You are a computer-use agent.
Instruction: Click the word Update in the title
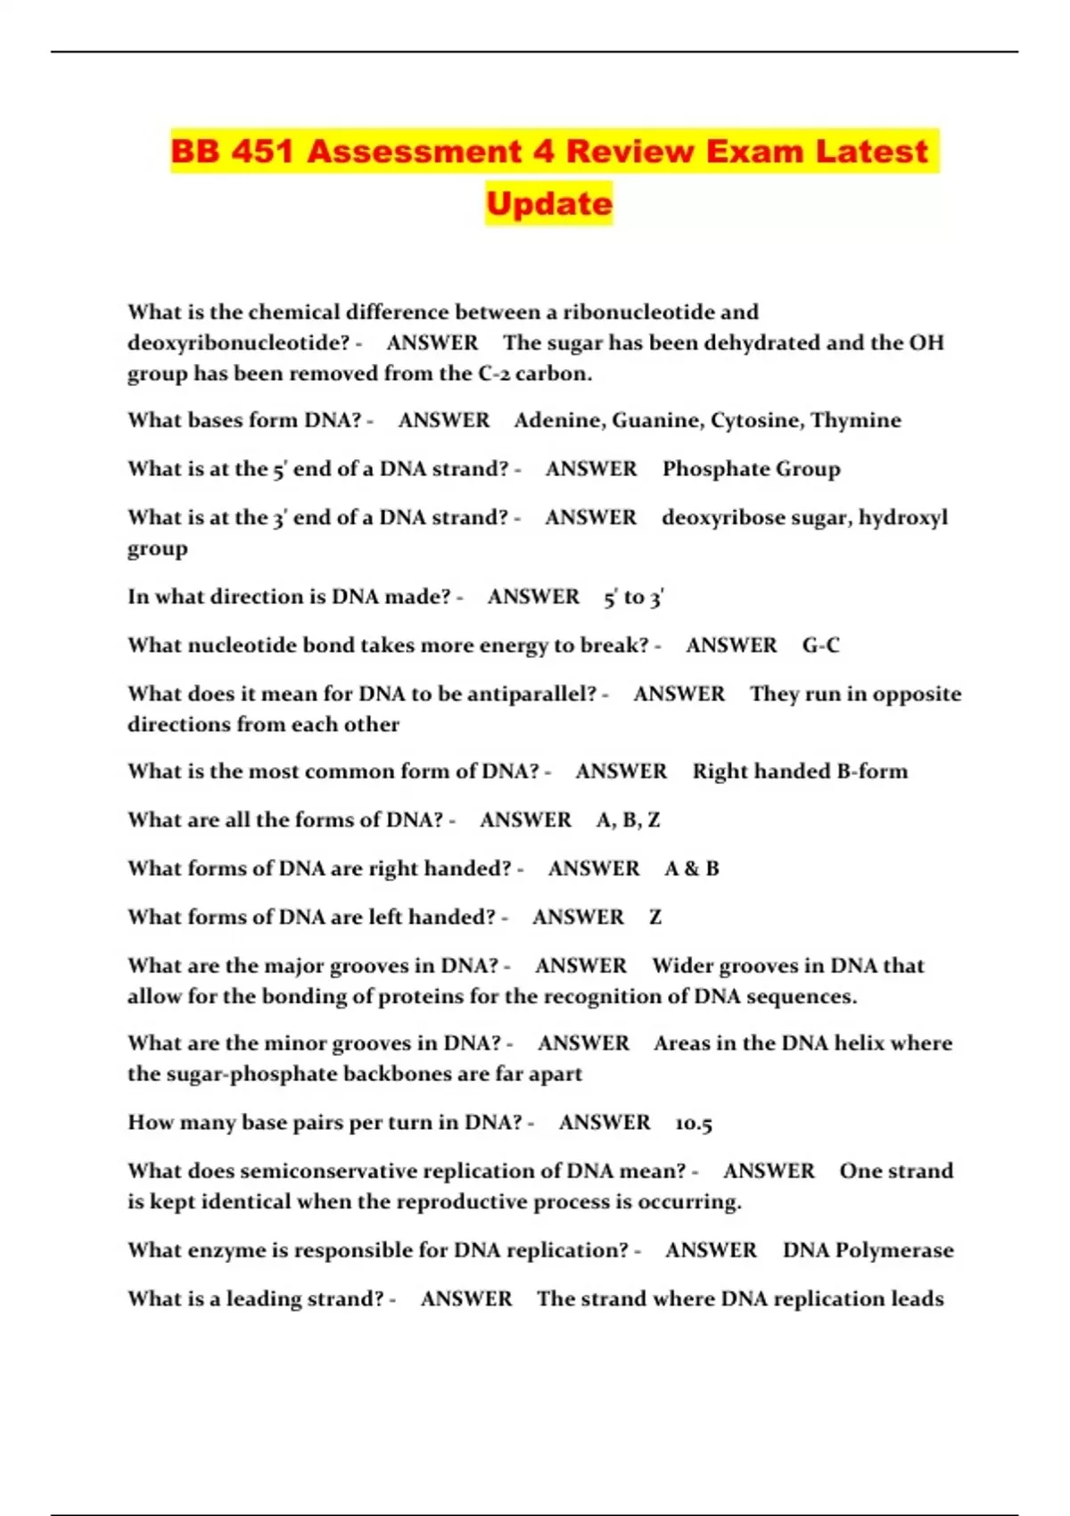click(x=549, y=203)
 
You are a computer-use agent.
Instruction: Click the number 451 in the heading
click(x=262, y=151)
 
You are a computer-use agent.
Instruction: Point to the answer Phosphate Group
click(x=751, y=469)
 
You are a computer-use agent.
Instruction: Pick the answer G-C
click(x=820, y=645)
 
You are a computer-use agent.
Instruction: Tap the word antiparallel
click(x=531, y=694)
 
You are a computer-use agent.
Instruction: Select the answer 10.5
click(x=694, y=1123)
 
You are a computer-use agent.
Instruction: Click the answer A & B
click(x=692, y=869)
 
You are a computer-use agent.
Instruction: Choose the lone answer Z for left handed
click(x=655, y=917)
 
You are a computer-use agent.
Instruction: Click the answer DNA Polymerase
click(x=868, y=1250)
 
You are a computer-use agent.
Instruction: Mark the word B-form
click(x=872, y=771)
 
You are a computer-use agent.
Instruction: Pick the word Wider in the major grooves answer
click(x=682, y=966)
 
